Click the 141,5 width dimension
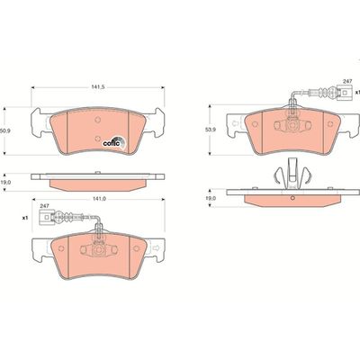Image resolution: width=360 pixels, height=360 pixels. tap(97, 87)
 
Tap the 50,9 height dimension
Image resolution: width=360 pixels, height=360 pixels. tap(5, 130)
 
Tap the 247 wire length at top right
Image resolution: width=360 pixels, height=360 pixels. tap(346, 82)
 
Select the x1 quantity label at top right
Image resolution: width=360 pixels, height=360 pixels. tap(356, 104)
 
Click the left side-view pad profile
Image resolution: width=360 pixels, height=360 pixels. tap(96, 181)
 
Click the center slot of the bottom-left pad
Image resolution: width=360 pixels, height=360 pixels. tap(97, 245)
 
